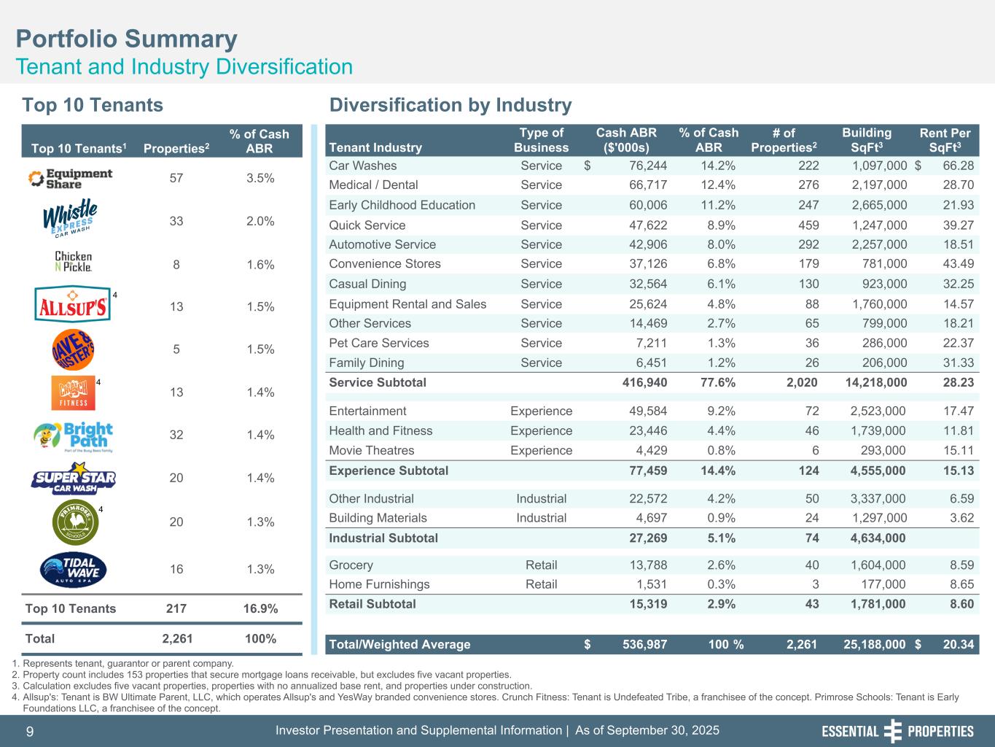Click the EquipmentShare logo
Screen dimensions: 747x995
(x=70, y=179)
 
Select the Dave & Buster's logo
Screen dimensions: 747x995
(x=73, y=350)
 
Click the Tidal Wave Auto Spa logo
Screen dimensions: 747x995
(x=73, y=570)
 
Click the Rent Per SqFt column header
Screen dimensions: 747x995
(x=945, y=140)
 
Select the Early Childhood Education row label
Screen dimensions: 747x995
(x=402, y=205)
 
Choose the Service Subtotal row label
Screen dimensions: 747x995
(x=378, y=382)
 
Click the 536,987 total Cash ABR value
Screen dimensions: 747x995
(x=644, y=644)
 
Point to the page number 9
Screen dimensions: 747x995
(x=30, y=731)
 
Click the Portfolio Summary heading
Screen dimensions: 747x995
(x=126, y=39)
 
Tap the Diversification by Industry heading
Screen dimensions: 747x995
(x=450, y=105)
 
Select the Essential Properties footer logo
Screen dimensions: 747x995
(x=897, y=731)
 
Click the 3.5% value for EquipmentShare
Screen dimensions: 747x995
(x=260, y=178)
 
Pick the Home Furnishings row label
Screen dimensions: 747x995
(x=379, y=584)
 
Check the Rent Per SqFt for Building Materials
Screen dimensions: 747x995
(x=957, y=518)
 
